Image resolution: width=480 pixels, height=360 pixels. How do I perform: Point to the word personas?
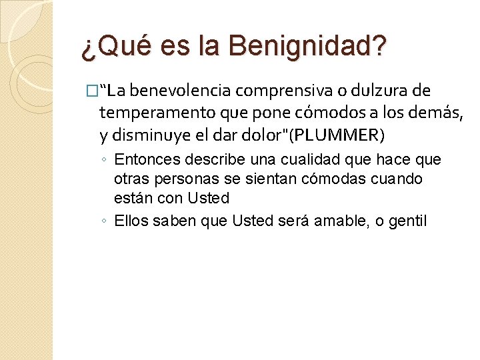[x=177, y=179]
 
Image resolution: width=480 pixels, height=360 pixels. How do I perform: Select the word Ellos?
[x=130, y=221]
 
